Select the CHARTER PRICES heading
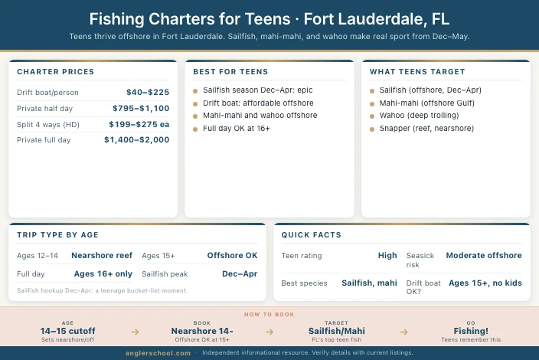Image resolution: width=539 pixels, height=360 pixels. pos(56,72)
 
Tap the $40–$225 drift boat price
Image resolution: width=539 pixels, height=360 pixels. pos(148,93)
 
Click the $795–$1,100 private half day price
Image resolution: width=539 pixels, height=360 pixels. pos(141,109)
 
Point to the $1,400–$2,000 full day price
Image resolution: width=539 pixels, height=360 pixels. pos(136,140)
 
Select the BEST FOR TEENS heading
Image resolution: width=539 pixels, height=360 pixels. pos(230,72)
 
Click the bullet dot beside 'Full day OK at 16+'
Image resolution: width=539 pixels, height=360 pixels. pos(196,129)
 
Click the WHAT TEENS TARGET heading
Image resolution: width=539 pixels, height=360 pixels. pos(417,72)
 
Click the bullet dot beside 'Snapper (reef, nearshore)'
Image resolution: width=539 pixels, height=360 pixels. pos(372,129)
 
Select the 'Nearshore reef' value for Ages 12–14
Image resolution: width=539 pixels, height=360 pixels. pos(102,255)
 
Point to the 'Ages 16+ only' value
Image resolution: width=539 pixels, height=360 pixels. pos(103,273)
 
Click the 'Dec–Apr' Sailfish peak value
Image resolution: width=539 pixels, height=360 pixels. pos(240,273)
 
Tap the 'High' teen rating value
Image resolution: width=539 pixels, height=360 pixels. pos(387,255)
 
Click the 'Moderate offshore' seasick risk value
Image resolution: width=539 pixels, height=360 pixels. pos(484,255)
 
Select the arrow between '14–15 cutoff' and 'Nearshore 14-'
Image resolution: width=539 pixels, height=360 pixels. pos(135,332)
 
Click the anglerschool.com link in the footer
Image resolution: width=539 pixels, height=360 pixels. pos(158,353)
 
